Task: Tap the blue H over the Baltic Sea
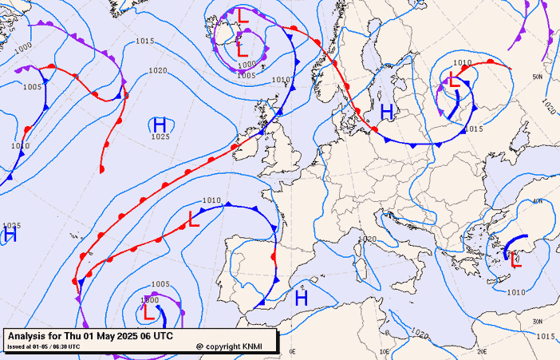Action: click(386, 112)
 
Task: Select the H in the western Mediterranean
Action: click(302, 298)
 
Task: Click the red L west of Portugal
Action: click(194, 219)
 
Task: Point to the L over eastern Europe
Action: click(454, 79)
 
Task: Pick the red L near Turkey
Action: click(515, 259)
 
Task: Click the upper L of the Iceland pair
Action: click(243, 15)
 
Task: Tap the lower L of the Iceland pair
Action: click(242, 49)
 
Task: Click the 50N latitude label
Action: click(538, 77)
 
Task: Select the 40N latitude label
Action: click(538, 201)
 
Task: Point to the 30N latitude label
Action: click(538, 321)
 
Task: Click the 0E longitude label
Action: click(292, 350)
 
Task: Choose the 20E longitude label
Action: click(481, 350)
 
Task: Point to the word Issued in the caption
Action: click(16, 346)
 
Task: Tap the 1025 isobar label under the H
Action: click(160, 136)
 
